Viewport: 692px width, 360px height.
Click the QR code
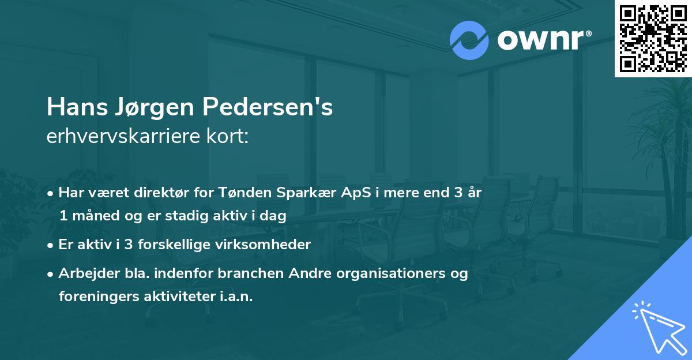pos(653,38)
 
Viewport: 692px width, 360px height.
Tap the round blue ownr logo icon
pos(469,40)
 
